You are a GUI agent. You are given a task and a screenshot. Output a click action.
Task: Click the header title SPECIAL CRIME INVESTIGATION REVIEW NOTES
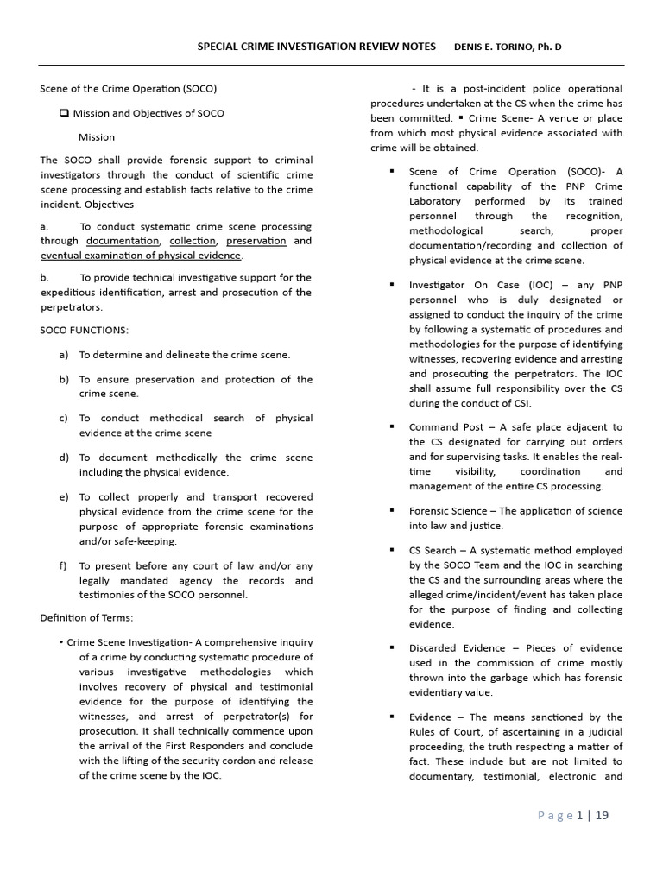point(317,46)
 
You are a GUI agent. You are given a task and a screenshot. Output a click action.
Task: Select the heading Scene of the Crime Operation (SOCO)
point(129,89)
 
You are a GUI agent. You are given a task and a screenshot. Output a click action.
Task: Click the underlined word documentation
point(123,241)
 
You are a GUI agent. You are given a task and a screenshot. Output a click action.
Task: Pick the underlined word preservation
point(256,241)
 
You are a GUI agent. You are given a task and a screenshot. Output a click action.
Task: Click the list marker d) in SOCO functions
point(64,458)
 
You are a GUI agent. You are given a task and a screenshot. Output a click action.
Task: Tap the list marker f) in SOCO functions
point(63,565)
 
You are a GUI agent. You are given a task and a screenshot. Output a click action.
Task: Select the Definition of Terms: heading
point(86,617)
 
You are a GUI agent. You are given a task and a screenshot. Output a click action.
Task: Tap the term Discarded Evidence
point(453,648)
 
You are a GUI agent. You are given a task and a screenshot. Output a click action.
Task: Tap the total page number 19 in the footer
point(601,815)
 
